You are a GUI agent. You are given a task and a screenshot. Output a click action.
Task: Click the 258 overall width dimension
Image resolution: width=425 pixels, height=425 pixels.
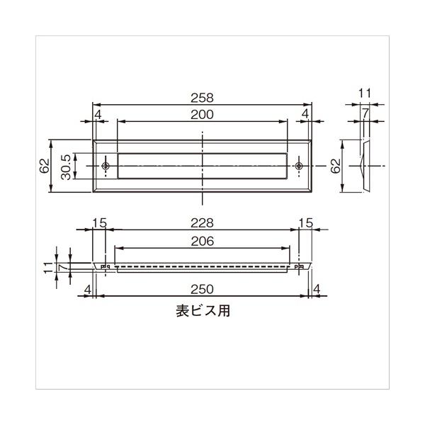(202, 98)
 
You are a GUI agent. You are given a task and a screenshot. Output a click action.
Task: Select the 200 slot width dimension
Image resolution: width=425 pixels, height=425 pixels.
(202, 115)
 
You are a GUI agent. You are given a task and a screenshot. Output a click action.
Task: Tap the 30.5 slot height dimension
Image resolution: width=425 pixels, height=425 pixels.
(66, 167)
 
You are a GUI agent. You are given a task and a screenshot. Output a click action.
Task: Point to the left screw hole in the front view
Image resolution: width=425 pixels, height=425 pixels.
(106, 166)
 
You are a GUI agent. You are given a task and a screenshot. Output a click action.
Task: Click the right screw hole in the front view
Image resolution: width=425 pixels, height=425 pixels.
(299, 166)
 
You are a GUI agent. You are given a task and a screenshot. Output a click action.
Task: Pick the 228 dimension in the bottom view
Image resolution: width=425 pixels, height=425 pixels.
(202, 223)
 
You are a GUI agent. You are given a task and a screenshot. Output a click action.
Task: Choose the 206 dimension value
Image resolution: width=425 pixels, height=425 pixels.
(202, 242)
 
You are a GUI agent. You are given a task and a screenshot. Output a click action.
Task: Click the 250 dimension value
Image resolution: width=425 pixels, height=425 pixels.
(202, 290)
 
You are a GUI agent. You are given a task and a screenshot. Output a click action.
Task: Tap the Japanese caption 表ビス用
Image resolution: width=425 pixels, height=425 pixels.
(203, 311)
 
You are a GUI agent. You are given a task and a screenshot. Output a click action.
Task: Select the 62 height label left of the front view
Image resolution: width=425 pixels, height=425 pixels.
(45, 166)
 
